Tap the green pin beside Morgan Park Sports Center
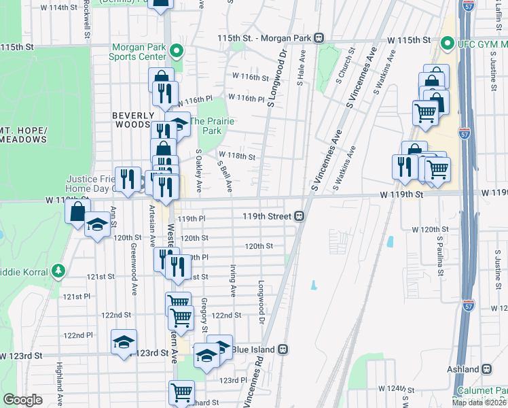(177, 50)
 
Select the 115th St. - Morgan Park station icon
(318, 39)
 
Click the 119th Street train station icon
(299, 216)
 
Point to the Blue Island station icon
(283, 350)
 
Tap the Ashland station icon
(487, 369)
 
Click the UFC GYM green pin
(447, 44)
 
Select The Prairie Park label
(212, 126)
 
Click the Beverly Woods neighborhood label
(131, 120)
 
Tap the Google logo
(23, 400)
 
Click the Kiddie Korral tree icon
(58, 271)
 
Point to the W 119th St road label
(401, 194)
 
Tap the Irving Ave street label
(232, 281)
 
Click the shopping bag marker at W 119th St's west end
(78, 211)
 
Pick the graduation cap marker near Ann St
(98, 226)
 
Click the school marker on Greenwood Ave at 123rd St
(124, 342)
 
